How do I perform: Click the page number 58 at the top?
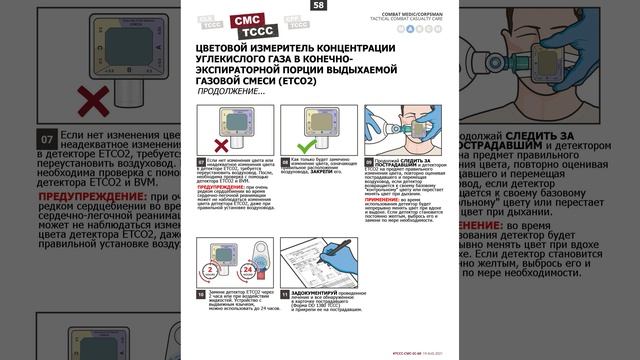(x=319, y=6)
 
